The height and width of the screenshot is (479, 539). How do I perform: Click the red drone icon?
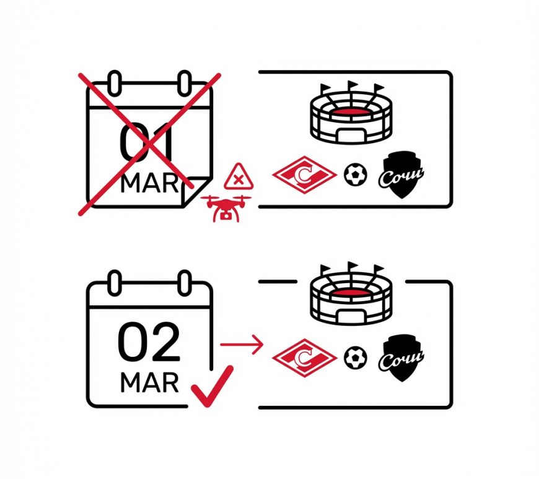(226, 208)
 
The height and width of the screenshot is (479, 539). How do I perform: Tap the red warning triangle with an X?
(239, 178)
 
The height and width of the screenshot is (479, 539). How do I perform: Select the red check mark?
(212, 387)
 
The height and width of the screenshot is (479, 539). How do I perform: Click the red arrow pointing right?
(242, 344)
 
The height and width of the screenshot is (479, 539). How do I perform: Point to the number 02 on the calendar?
(149, 343)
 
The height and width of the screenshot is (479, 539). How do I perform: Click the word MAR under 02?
(149, 383)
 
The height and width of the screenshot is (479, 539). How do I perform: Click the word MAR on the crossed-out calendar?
(149, 183)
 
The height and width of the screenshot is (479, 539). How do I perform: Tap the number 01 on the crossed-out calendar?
(146, 142)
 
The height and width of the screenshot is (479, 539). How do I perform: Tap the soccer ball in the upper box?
(356, 175)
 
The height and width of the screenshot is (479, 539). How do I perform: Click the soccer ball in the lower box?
(356, 358)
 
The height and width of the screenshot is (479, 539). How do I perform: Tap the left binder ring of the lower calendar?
(115, 283)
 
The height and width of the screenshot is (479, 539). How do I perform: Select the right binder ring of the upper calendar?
(185, 83)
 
